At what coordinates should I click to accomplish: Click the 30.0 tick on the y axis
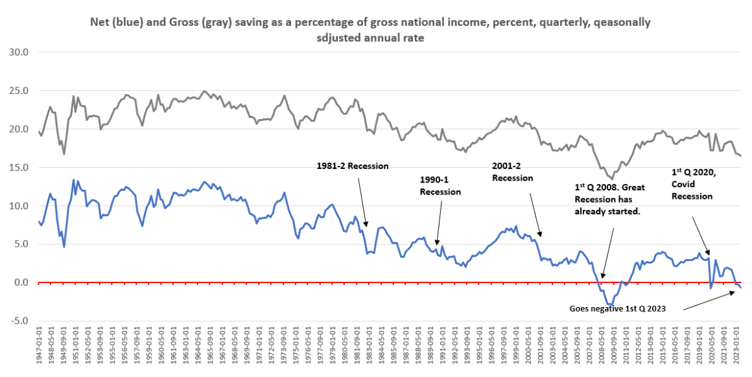click(x=21, y=52)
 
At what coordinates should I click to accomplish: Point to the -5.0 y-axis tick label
click(x=21, y=321)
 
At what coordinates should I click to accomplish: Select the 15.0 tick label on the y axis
click(x=21, y=167)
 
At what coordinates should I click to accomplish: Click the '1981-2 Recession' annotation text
click(x=352, y=166)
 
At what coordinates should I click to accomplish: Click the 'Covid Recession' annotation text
click(x=692, y=190)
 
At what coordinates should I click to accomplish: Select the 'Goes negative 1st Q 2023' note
click(x=617, y=309)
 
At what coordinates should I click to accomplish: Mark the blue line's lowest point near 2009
click(x=610, y=304)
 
